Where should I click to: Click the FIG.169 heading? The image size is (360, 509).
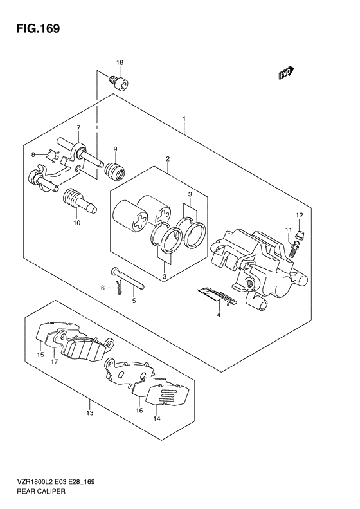tap(38, 28)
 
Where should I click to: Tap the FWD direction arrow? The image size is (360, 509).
tap(286, 72)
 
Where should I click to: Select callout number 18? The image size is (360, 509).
tap(120, 62)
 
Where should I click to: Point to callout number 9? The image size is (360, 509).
tap(115, 149)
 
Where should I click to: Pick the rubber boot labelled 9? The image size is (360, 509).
tap(114, 171)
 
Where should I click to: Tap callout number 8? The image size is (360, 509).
tap(33, 155)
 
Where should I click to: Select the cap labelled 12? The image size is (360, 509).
tap(301, 234)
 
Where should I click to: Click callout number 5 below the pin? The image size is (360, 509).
tap(134, 301)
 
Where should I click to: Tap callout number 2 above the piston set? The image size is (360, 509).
tap(168, 159)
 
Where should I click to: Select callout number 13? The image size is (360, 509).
tap(90, 413)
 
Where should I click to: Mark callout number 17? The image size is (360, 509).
tap(54, 361)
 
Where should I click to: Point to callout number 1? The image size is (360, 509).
tap(184, 119)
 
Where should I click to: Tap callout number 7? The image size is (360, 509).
tap(78, 127)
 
